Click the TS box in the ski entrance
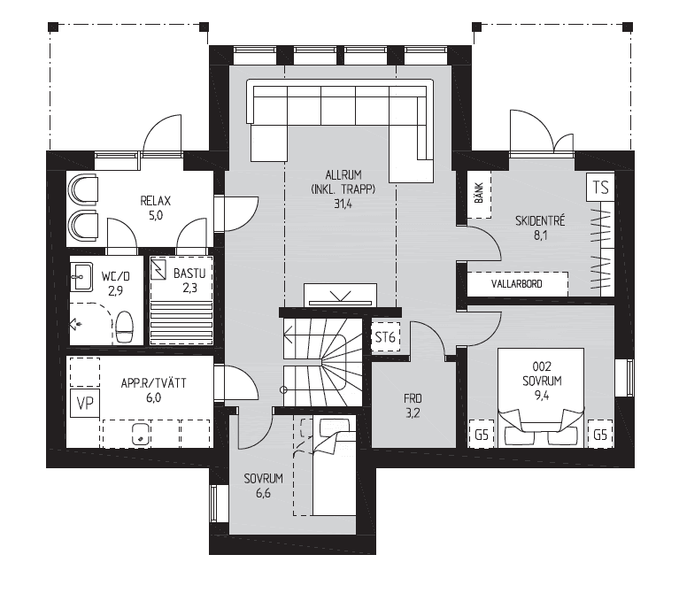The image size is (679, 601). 600,188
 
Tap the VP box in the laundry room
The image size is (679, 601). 85,403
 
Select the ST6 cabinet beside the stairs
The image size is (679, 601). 385,337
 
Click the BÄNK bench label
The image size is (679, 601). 479,194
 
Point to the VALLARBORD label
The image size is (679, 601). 516,284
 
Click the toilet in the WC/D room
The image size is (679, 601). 125,327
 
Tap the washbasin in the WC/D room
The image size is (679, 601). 81,277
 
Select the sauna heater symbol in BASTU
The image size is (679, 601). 158,269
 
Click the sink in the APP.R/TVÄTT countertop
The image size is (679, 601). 141,434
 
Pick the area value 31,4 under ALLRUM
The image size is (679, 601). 343,204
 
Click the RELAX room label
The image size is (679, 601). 156,201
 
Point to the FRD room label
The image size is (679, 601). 413,398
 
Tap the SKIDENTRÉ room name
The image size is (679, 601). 540,220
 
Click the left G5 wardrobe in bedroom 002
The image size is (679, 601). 482,434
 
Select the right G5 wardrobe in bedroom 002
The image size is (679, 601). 600,434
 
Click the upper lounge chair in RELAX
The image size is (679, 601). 82,189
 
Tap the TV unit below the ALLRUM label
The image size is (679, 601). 340,295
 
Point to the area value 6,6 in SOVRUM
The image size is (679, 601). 263,493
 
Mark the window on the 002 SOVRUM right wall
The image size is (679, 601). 624,377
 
